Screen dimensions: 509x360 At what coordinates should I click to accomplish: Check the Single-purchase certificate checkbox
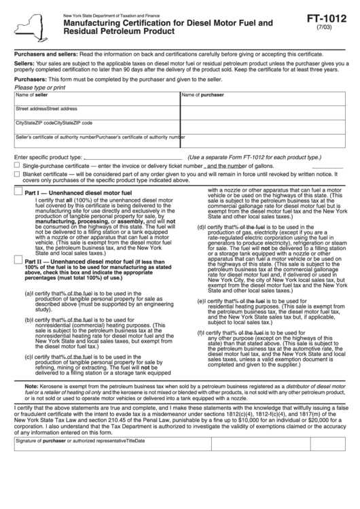17,165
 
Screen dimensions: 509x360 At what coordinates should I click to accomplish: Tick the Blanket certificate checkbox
17,174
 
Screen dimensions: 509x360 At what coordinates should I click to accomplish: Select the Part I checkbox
18,193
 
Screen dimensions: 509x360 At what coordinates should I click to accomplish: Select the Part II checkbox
18,260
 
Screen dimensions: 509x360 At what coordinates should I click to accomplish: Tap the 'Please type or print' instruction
40,87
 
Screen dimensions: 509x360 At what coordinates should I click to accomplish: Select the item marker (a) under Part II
29,294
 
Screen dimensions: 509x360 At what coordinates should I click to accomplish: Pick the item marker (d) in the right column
201,226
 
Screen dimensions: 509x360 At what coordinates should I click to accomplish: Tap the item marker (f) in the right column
200,333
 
